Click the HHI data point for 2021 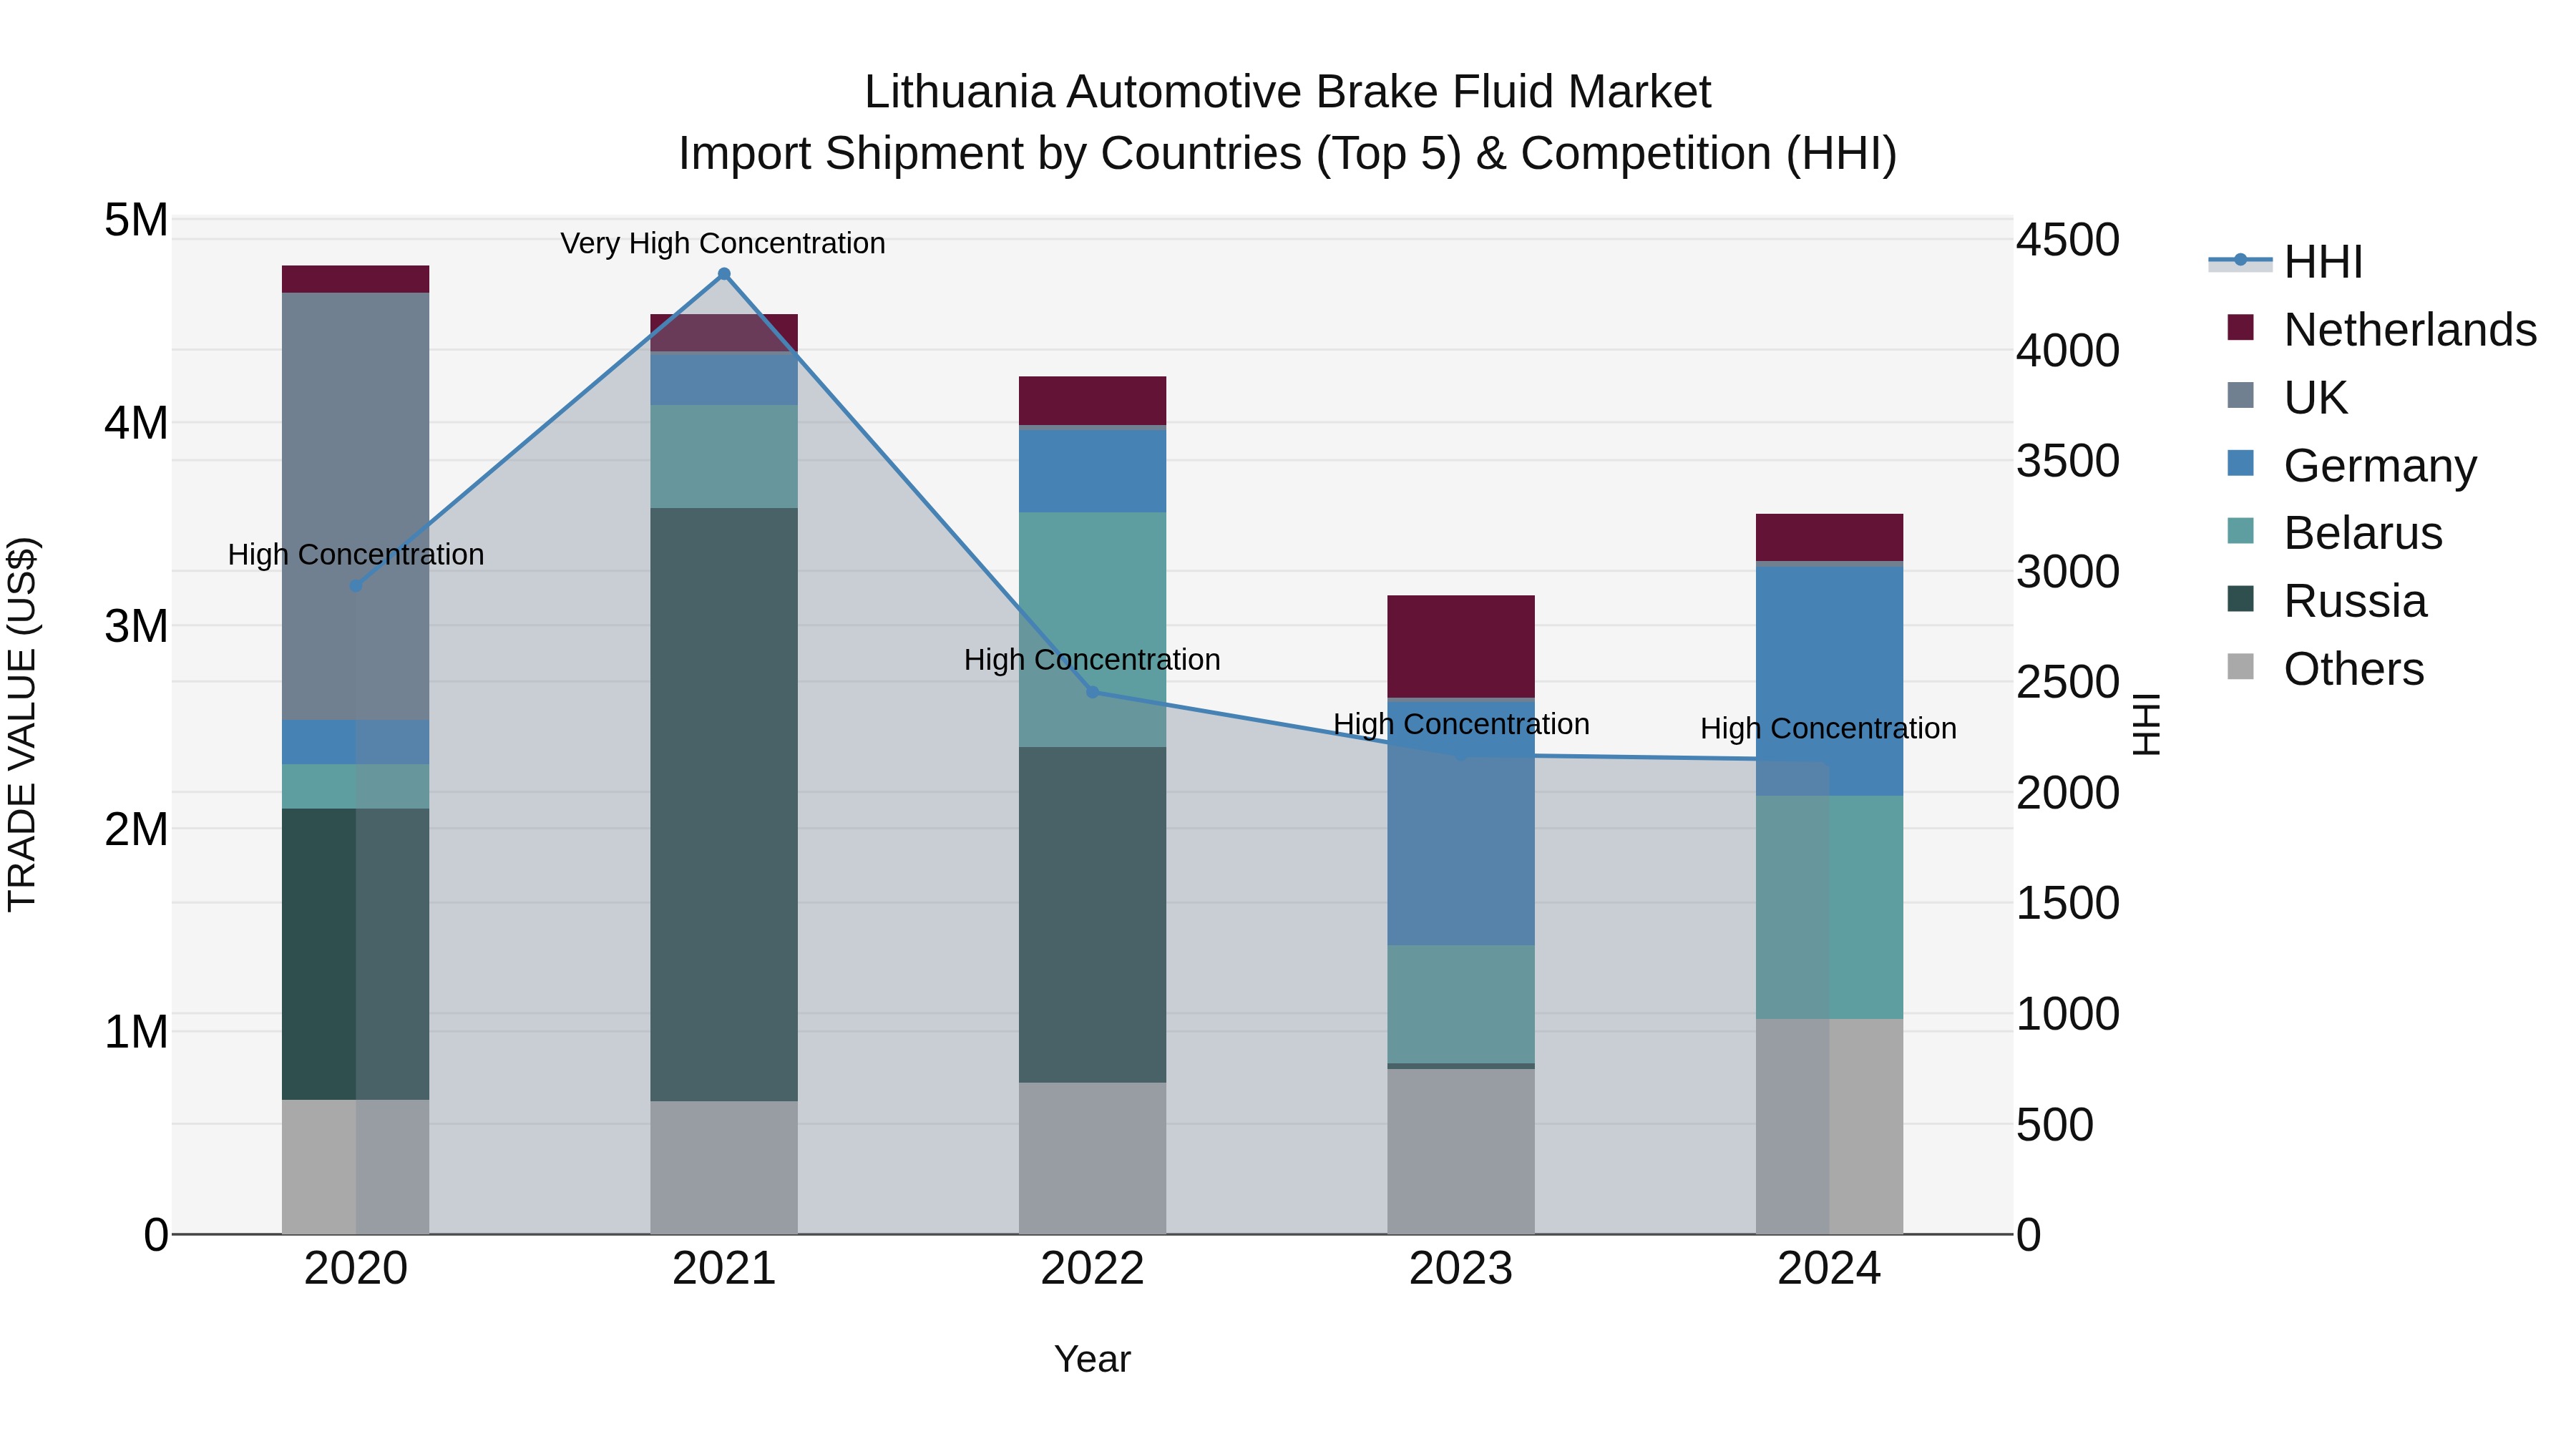[x=724, y=274]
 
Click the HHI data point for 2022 [x=1092, y=692]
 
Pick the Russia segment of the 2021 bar [x=724, y=804]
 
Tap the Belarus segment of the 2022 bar [x=1092, y=629]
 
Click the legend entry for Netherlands [x=2410, y=329]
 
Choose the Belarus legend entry [x=2362, y=533]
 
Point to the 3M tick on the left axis [x=137, y=626]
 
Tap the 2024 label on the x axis [x=1829, y=1269]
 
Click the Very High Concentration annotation [x=723, y=243]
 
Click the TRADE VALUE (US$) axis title [x=22, y=724]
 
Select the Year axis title [x=1092, y=1359]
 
